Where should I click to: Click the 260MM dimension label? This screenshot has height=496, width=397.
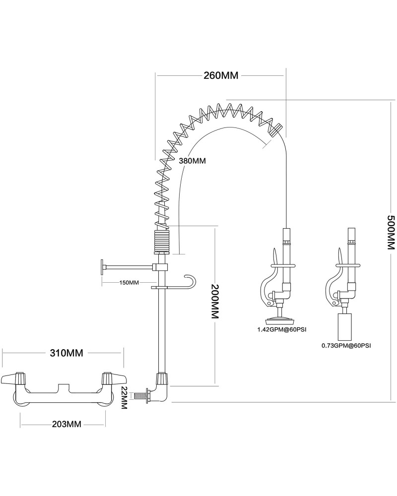tap(221, 75)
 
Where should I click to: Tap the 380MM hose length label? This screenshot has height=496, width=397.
tap(192, 161)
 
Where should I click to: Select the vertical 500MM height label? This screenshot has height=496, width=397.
tap(391, 233)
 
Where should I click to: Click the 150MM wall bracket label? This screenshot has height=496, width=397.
tap(129, 282)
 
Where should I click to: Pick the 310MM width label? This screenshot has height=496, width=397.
tap(66, 353)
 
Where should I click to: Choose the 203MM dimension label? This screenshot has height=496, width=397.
tap(66, 424)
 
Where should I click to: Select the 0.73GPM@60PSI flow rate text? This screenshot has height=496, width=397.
tap(346, 345)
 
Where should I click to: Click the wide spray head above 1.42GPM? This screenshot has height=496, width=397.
tap(280, 319)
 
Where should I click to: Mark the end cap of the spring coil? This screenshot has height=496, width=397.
tap(277, 129)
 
